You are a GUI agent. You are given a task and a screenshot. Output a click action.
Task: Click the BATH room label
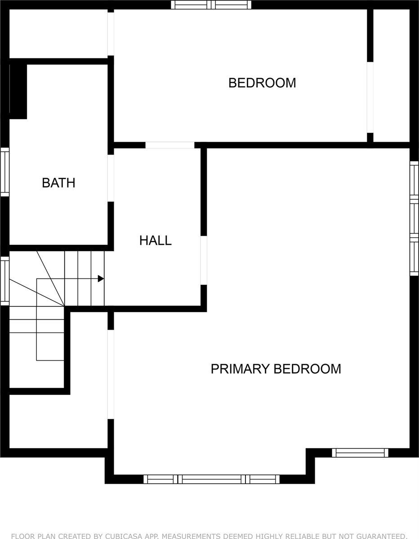coord(58,183)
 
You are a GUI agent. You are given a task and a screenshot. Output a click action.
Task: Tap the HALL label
coord(156,240)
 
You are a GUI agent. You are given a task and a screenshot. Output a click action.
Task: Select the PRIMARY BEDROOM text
coord(276,369)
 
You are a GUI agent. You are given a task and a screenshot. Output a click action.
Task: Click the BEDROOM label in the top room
coord(262,83)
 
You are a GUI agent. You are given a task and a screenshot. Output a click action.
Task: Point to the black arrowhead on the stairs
coord(101,279)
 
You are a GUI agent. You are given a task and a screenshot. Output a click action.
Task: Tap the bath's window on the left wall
coord(5,172)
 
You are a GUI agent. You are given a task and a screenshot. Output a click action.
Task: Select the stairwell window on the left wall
coord(5,280)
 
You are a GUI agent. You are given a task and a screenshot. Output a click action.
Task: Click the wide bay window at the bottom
coord(211,479)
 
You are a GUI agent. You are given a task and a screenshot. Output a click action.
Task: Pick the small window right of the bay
coord(360,453)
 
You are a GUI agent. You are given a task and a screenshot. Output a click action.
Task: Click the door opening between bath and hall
coord(111,178)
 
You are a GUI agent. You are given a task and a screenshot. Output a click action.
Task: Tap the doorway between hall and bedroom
coord(170,145)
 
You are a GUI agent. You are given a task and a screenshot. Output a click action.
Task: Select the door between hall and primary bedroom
coord(204,260)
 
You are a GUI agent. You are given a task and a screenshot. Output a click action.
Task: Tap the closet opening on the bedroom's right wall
coord(370,97)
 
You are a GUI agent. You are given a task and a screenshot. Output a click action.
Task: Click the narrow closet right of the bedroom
coord(391,75)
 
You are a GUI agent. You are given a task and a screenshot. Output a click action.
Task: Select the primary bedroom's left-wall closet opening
coord(111,374)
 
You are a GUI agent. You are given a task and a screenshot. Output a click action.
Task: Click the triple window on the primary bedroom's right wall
coord(414,218)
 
